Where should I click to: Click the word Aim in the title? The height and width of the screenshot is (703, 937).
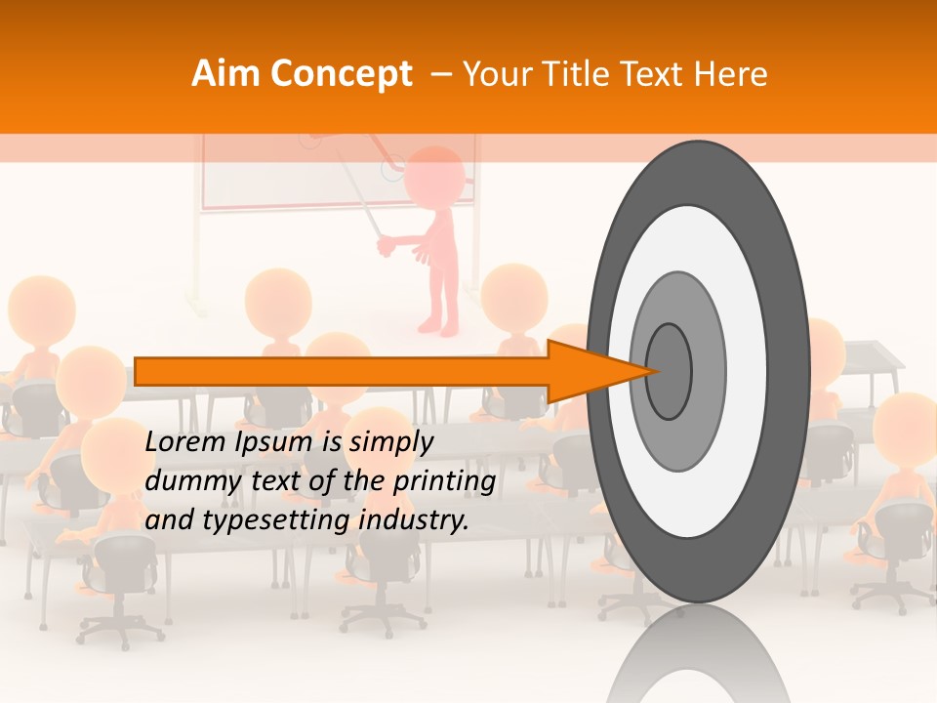225,74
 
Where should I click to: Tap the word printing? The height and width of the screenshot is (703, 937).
443,481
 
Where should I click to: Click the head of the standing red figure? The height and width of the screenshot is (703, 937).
434,176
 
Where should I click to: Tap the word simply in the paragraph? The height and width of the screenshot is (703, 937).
390,442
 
